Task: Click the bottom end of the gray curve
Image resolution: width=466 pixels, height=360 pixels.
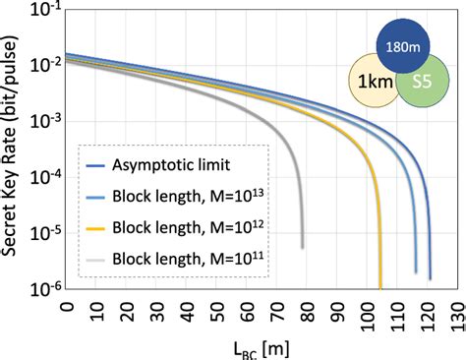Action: point(302,246)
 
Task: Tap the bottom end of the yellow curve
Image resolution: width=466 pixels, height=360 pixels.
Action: point(379,286)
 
